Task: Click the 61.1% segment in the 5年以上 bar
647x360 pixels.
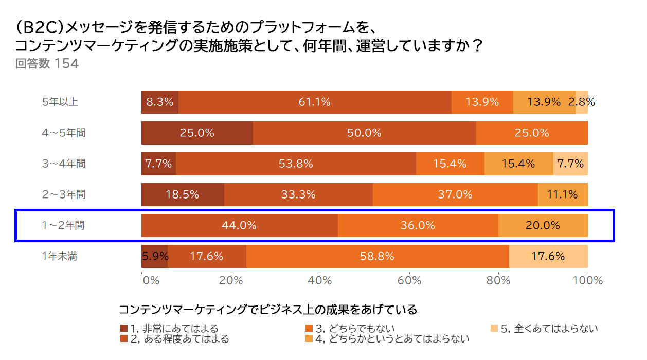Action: coord(315,102)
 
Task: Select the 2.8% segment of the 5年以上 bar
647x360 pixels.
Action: coord(582,102)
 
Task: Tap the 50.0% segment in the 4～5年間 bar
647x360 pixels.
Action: coord(364,133)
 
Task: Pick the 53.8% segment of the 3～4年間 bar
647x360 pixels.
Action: coord(296,164)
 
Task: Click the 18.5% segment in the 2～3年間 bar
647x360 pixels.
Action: coord(183,194)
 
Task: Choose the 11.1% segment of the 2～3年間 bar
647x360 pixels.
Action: coord(563,194)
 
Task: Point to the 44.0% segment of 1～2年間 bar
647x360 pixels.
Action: coord(239,225)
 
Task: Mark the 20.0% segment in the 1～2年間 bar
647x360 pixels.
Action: coord(543,225)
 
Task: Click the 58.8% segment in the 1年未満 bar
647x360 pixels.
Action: coord(378,256)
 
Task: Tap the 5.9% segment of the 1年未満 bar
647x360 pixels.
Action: coord(154,256)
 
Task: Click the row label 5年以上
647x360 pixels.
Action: coord(60,102)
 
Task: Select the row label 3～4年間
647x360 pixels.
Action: coord(64,164)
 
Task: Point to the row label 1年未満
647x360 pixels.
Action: coord(60,256)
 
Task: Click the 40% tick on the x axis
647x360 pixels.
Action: coord(320,280)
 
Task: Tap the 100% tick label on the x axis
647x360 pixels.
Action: coord(587,280)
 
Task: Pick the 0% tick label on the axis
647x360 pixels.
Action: coord(150,280)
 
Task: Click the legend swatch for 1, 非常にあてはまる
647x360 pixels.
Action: coord(123,328)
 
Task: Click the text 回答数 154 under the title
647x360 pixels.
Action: coord(47,64)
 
